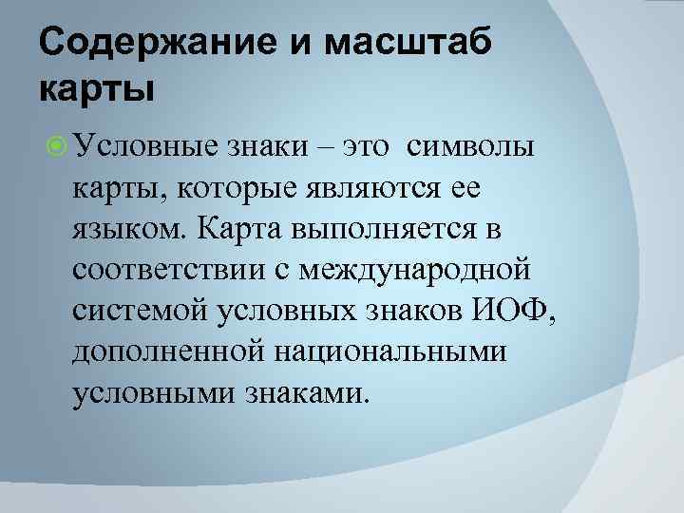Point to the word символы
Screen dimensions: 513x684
pos(471,148)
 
